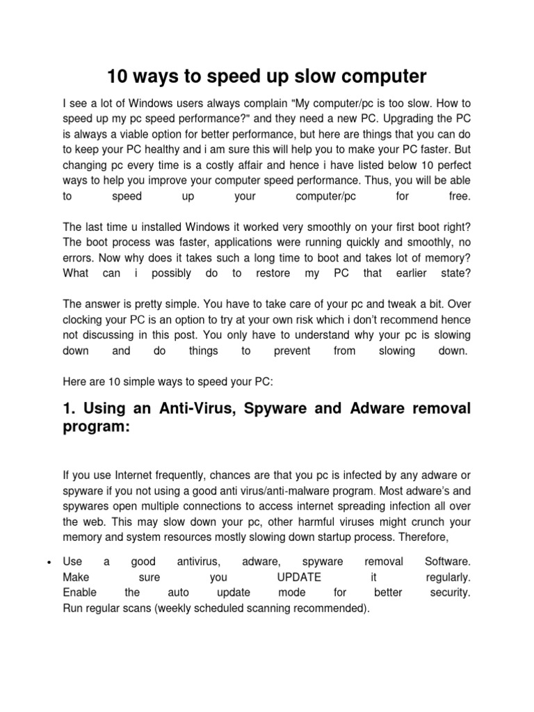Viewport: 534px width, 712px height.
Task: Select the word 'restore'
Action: point(273,274)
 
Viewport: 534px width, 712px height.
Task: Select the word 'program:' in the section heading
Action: point(97,428)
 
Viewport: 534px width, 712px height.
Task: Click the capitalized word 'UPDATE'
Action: point(298,577)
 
